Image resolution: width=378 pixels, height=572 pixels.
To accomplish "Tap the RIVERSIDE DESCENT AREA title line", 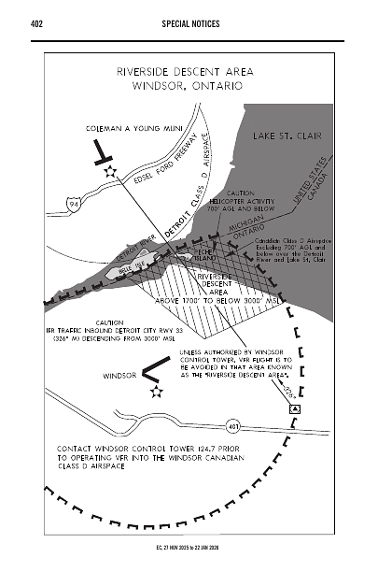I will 185,70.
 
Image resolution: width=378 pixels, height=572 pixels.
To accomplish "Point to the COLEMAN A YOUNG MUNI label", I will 131,125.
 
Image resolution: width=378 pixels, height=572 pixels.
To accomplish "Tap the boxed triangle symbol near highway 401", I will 295,408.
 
